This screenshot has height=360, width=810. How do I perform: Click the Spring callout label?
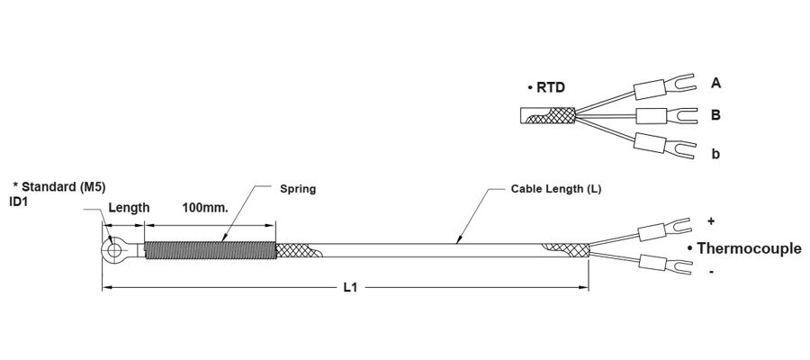tap(298, 189)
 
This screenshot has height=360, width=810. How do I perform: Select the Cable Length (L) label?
tap(556, 189)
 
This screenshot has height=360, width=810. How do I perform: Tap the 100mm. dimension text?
tap(205, 208)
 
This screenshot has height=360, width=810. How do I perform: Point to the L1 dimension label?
tap(350, 288)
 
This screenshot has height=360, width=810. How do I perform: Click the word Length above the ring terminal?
tap(129, 208)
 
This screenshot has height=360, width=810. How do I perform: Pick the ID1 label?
tap(18, 202)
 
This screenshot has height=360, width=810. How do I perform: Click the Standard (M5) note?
tap(62, 187)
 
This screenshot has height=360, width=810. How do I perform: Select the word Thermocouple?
tap(749, 248)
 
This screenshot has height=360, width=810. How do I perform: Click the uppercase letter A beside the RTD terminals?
tap(715, 83)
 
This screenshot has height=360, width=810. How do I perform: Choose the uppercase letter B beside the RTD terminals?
tap(715, 114)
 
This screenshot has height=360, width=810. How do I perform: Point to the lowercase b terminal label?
tap(715, 153)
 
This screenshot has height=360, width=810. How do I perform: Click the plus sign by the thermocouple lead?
tap(711, 221)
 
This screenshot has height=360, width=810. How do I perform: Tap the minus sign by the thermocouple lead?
tap(712, 271)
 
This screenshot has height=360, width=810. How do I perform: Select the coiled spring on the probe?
tap(210, 250)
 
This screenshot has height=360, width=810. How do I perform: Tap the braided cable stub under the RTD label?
tap(547, 117)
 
